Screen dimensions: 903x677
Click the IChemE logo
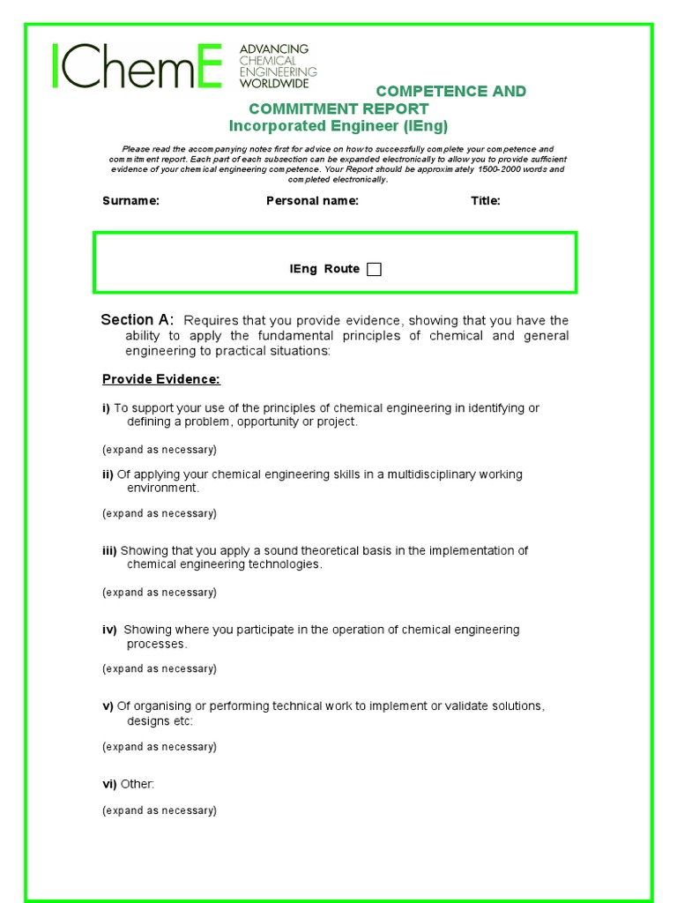pyautogui.click(x=138, y=65)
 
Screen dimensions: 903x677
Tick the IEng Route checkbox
pyautogui.click(x=374, y=270)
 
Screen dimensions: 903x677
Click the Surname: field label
pyautogui.click(x=130, y=201)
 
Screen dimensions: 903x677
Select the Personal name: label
pyautogui.click(x=312, y=201)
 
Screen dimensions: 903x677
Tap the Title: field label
pyautogui.click(x=485, y=201)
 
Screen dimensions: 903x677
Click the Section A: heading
pyautogui.click(x=138, y=320)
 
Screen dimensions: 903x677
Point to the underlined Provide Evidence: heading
pyautogui.click(x=161, y=379)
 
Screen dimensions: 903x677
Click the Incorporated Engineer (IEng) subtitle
pyautogui.click(x=338, y=126)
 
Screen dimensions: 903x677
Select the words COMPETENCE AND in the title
pyautogui.click(x=451, y=92)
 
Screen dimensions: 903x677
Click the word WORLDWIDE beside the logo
pyautogui.click(x=274, y=83)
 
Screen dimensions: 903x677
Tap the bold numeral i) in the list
pyautogui.click(x=106, y=408)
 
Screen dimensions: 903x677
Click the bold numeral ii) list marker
pyautogui.click(x=108, y=474)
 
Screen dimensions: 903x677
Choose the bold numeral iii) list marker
pyautogui.click(x=109, y=551)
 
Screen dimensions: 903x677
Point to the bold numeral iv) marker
pyautogui.click(x=109, y=630)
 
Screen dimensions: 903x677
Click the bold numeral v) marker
pyautogui.click(x=108, y=706)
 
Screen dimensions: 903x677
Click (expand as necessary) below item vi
pyautogui.click(x=159, y=810)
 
